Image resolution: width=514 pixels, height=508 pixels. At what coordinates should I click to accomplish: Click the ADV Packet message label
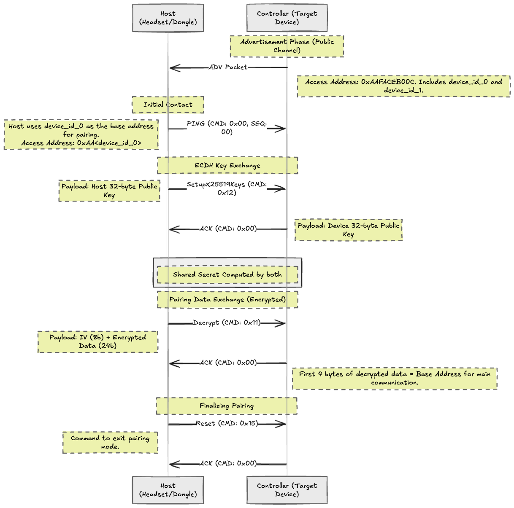click(228, 67)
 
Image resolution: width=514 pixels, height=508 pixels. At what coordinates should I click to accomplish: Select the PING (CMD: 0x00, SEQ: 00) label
click(227, 128)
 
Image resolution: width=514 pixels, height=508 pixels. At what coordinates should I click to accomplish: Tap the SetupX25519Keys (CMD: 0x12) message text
click(227, 188)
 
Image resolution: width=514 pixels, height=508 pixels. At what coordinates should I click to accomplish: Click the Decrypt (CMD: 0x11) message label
click(227, 323)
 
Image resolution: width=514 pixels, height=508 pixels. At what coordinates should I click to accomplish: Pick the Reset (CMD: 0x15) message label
click(227, 424)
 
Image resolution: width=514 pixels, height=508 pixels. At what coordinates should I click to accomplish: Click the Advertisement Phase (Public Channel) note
click(287, 46)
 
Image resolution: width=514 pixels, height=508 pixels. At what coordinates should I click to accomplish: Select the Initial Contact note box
click(168, 105)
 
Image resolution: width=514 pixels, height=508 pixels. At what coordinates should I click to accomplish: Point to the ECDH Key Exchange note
click(227, 165)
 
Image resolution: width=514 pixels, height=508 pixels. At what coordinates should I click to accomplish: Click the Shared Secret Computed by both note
click(227, 274)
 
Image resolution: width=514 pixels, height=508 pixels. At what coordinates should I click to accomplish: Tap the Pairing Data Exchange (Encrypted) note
click(227, 300)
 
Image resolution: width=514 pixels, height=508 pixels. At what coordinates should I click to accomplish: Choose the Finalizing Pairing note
click(227, 406)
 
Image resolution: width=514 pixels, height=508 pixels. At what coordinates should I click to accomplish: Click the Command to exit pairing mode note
click(110, 442)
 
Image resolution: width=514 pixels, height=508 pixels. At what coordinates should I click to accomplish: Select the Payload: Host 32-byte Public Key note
click(109, 191)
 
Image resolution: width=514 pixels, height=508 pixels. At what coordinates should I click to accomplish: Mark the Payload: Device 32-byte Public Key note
click(349, 230)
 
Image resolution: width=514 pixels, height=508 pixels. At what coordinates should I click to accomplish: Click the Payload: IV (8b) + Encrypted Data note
click(98, 341)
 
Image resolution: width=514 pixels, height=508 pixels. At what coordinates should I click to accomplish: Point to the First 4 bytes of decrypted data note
click(395, 378)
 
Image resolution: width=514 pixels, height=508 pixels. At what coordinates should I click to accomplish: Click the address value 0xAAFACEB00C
click(388, 82)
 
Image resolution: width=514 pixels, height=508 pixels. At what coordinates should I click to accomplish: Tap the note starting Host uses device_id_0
click(81, 134)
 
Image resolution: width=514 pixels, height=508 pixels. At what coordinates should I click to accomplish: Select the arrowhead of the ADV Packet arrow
click(174, 67)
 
